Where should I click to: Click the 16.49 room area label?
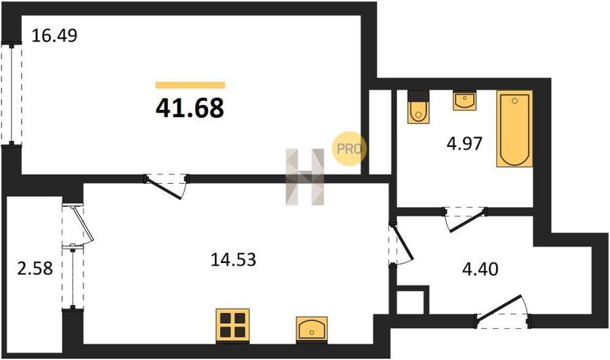pos(54,36)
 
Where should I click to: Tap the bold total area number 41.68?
pos(190,108)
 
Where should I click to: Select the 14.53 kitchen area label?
pos(233,259)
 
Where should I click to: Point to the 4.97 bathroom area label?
pos(464,143)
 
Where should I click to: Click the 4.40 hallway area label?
pos(480,269)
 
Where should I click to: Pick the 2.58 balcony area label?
pos(35,268)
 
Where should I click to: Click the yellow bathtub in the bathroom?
pos(514,129)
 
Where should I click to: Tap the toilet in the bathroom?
pos(418,107)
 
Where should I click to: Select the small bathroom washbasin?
pos(464,100)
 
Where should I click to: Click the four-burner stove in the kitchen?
pos(232,326)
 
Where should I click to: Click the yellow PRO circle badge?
pos(349,148)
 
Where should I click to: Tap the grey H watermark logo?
pos(305,177)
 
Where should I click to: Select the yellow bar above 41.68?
pos(190,85)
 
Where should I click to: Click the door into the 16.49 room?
pos(167,186)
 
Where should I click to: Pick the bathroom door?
pos(465,220)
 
